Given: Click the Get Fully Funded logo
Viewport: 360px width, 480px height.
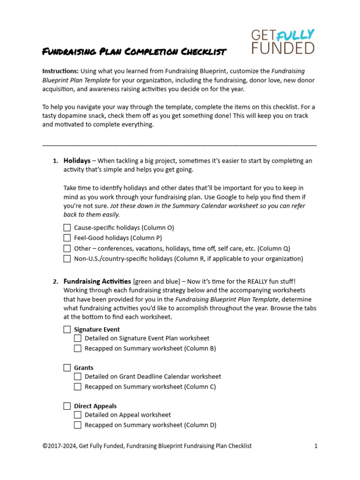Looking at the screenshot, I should [x=283, y=41].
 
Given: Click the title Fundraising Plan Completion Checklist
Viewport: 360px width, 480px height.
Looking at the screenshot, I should [x=134, y=52].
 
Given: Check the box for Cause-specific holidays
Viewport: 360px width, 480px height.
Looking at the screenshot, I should [x=67, y=227].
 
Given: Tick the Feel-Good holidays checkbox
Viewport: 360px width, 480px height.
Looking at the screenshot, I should [x=67, y=238].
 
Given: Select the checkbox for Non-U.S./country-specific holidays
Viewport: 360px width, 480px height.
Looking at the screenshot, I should [x=67, y=258].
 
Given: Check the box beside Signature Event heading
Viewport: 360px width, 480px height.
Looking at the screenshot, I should [x=67, y=330].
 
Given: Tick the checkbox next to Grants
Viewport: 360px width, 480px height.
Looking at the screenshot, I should [x=67, y=368].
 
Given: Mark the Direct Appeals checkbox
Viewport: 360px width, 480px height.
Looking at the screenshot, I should [x=67, y=406].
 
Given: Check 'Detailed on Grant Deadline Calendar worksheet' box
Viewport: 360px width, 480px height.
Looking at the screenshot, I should [x=78, y=376].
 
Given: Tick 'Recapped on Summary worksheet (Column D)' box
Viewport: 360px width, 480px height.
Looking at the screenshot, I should [x=78, y=425].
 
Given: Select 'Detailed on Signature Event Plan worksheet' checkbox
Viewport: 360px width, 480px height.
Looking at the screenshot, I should [x=78, y=338].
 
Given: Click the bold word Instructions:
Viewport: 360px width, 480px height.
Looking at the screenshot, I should [x=60, y=71].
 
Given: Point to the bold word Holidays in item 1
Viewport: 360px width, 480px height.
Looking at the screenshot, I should [x=77, y=160].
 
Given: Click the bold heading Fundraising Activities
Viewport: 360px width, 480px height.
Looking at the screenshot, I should [x=97, y=281].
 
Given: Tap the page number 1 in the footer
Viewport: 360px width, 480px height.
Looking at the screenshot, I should [x=316, y=446].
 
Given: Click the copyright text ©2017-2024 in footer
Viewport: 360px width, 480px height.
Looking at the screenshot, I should [x=60, y=446].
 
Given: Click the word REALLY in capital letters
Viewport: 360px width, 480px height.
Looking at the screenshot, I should [x=253, y=281].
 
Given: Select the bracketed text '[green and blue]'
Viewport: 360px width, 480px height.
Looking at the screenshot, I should [x=156, y=281].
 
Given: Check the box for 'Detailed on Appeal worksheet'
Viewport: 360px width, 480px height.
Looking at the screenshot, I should [x=78, y=415].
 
